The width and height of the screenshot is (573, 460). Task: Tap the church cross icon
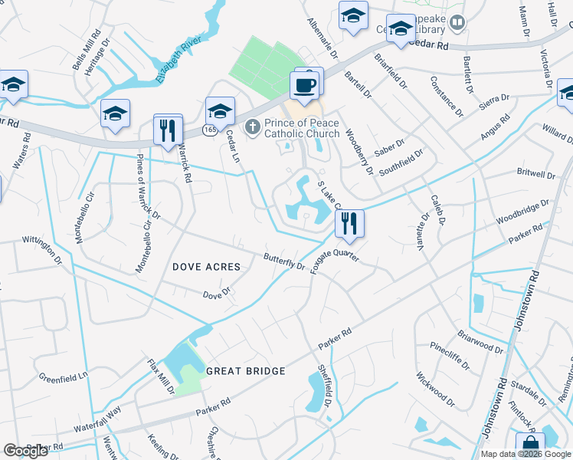pyautogui.click(x=253, y=127)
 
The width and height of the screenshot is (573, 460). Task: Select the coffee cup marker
pyautogui.click(x=306, y=85)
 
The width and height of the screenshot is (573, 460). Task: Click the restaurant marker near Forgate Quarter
pyautogui.click(x=349, y=224)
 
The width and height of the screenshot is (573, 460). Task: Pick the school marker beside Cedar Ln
pyautogui.click(x=220, y=113)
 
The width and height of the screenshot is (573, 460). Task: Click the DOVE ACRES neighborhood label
pyautogui.click(x=206, y=267)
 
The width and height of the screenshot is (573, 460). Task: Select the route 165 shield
pyautogui.click(x=210, y=131)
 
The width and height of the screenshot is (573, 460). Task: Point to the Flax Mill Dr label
pyautogui.click(x=162, y=376)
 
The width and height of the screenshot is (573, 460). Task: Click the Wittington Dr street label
pyautogui.click(x=46, y=245)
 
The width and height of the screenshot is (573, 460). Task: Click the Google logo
pyautogui.click(x=26, y=451)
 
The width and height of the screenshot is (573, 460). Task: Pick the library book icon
pyautogui.click(x=457, y=23)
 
